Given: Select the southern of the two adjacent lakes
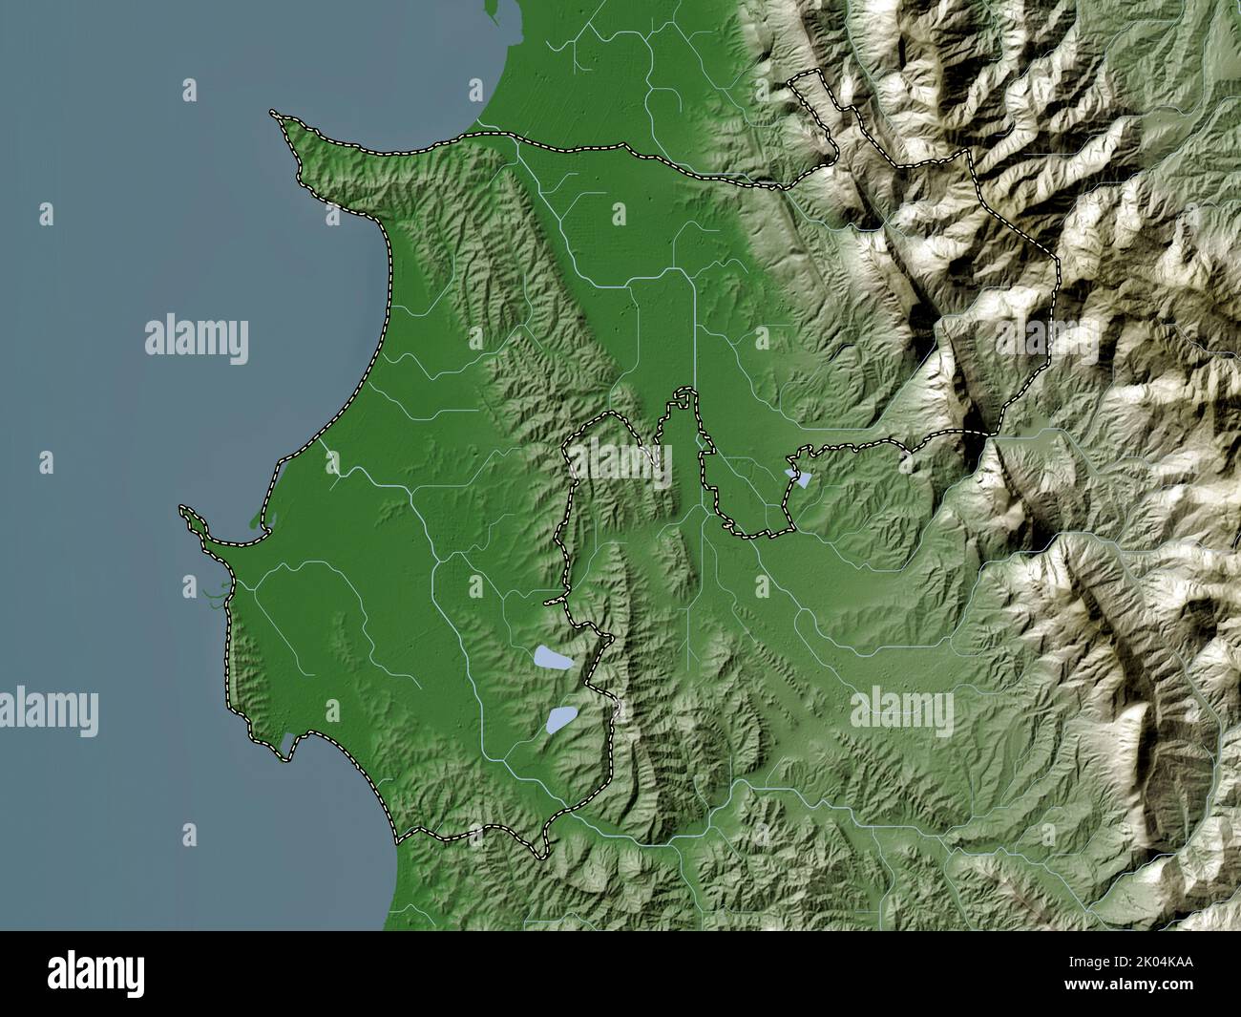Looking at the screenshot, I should click(x=561, y=720).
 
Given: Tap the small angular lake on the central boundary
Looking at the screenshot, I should click(x=804, y=477).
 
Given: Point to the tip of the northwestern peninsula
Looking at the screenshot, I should click(x=275, y=115).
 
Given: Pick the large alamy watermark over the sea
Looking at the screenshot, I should click(x=197, y=338).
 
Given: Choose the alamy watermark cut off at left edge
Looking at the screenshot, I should click(x=48, y=709).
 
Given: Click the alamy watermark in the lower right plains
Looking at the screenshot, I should click(x=901, y=709).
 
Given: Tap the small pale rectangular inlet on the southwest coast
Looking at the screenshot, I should click(x=286, y=742).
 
